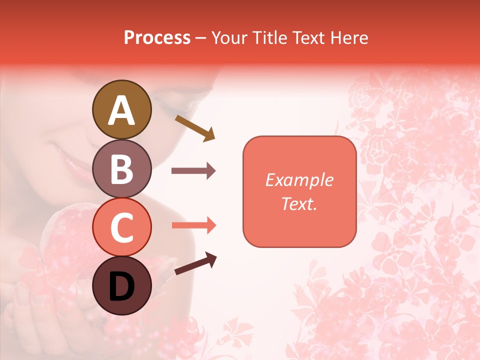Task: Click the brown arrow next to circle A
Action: [195, 128]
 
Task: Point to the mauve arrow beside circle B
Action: [193, 171]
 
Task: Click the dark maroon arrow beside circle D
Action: [195, 263]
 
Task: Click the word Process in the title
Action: [157, 37]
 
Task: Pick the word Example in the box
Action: [299, 180]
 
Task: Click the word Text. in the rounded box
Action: [299, 203]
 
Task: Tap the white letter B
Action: [121, 169]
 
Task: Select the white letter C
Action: [121, 228]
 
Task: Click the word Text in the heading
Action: [308, 37]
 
